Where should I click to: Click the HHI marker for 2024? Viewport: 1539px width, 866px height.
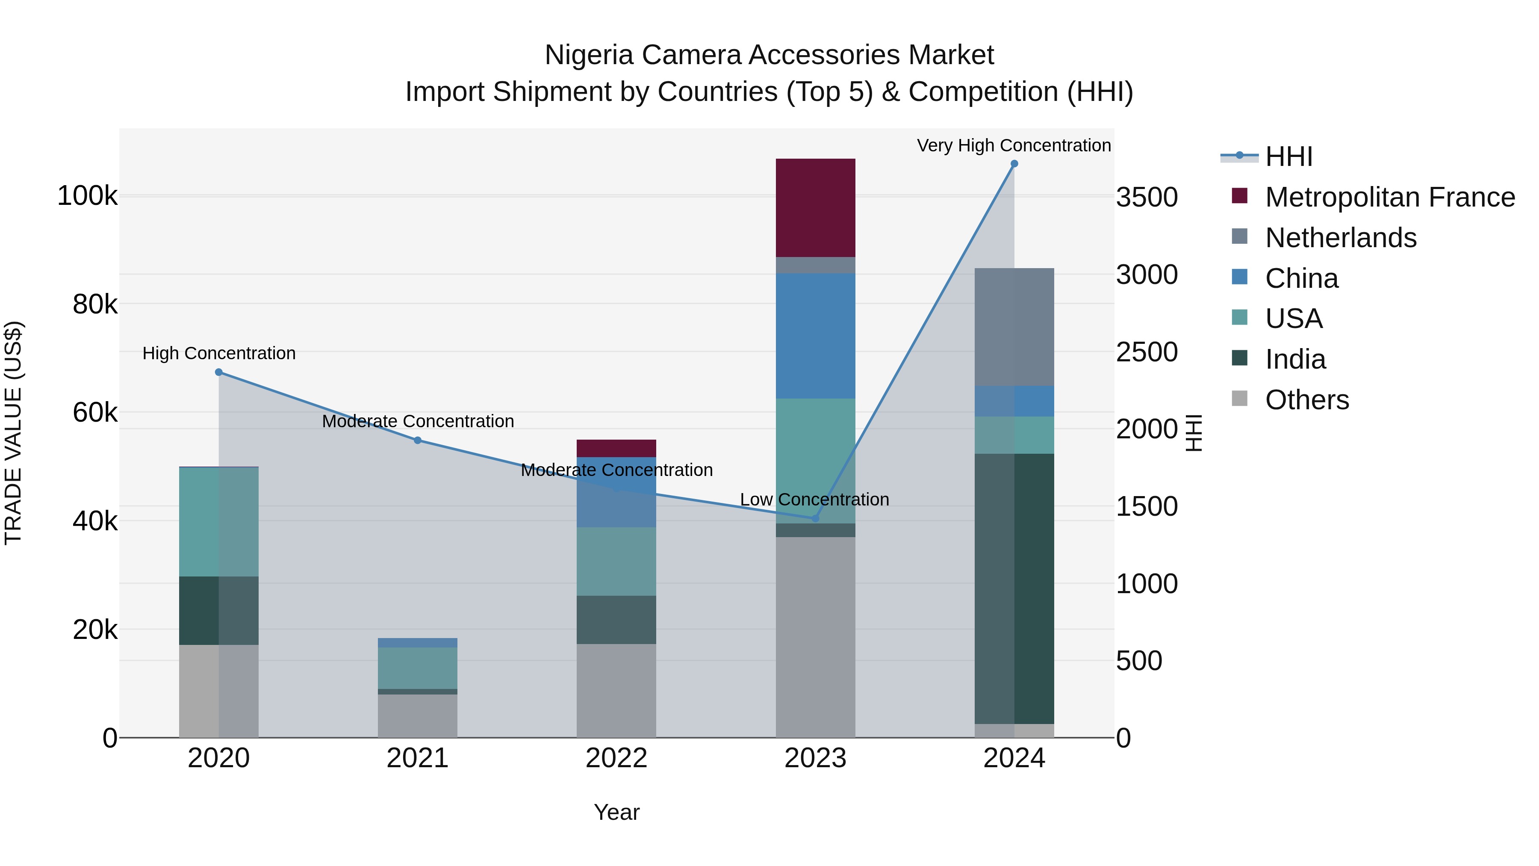(1014, 164)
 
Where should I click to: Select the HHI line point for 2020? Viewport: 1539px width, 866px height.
(218, 372)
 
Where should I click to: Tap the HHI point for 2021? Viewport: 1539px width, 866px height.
(418, 440)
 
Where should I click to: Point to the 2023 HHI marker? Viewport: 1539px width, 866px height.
(816, 518)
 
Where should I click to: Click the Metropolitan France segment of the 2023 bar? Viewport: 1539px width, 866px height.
(816, 207)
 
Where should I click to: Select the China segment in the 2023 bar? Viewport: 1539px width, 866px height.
(816, 335)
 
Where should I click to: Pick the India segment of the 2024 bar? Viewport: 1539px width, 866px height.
(1014, 589)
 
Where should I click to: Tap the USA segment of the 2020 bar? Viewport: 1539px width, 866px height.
(218, 521)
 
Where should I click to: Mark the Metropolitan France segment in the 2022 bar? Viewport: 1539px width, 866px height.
(616, 448)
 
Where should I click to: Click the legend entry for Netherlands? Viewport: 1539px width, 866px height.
(1340, 238)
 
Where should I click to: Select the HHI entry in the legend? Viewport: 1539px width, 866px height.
(1288, 157)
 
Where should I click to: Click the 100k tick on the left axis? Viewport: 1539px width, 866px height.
(87, 196)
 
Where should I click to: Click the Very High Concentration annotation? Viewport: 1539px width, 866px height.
(1014, 145)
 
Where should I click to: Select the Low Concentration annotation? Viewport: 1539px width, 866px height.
(814, 499)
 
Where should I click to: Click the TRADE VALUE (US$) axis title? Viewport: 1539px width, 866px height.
(13, 433)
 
